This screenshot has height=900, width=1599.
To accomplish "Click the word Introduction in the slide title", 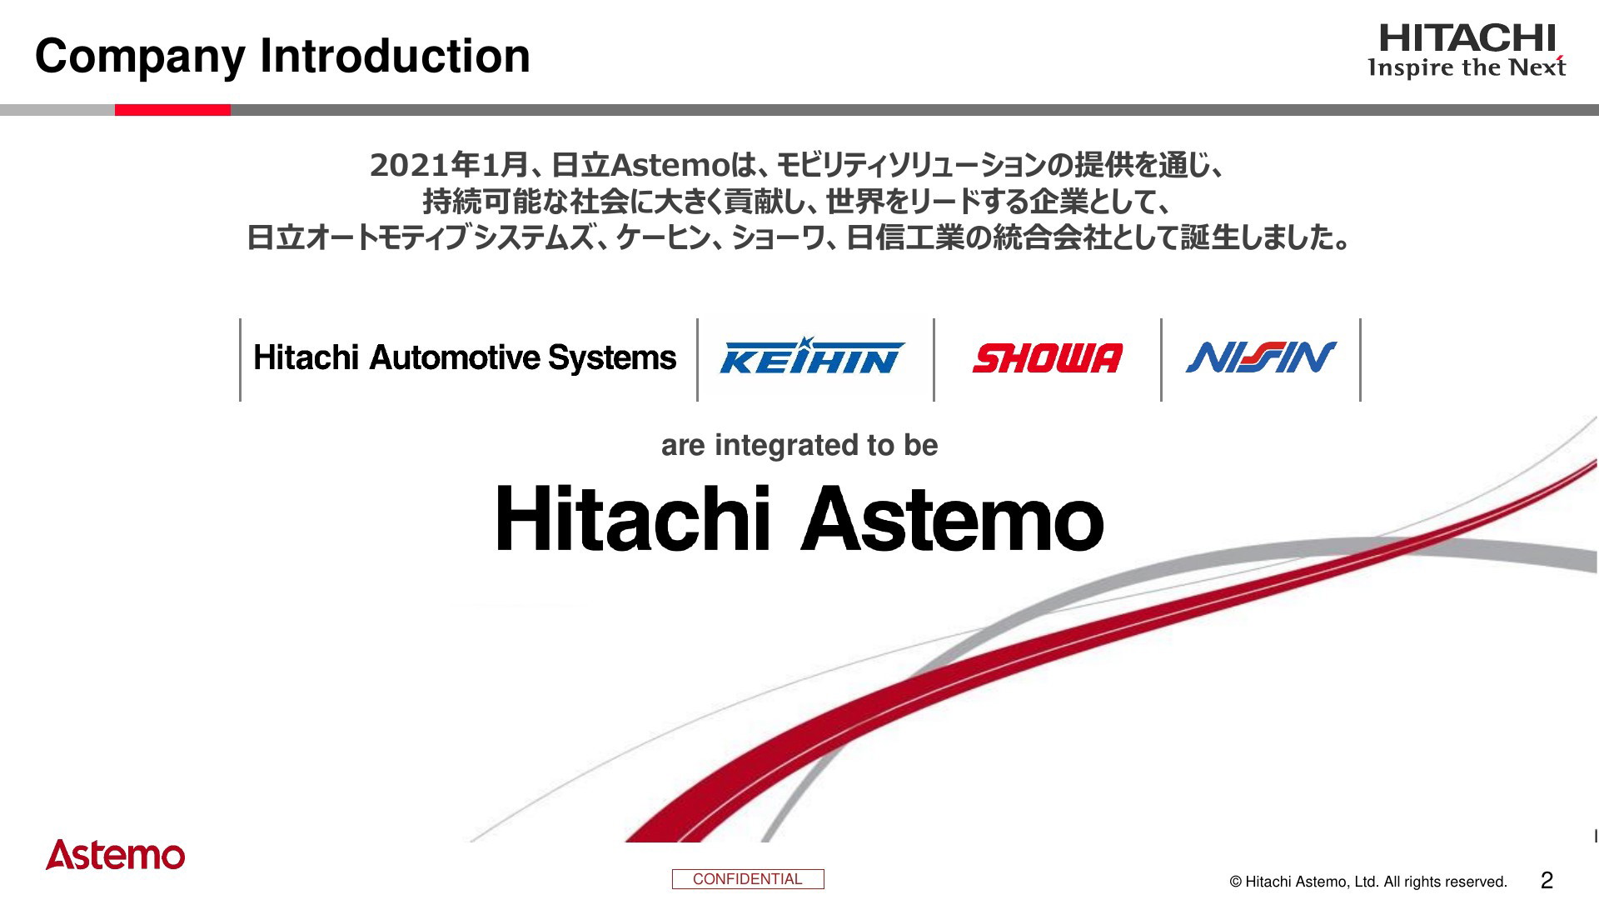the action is pos(395,56).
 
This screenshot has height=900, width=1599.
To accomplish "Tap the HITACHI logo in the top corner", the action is pos(1467,38).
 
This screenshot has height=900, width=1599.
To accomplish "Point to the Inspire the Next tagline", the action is pos(1467,67).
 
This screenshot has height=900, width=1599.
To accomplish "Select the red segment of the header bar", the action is pos(172,110).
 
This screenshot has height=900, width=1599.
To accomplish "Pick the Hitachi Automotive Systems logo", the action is pos(465,358).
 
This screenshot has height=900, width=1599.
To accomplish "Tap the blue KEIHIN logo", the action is pos(812,356).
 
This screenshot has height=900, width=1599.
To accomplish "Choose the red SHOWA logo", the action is pos(1048,358).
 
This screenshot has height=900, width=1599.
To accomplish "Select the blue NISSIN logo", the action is pos(1261,357).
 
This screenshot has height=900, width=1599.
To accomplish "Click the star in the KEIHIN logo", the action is pos(804,344).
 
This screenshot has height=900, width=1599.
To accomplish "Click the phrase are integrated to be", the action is pos(799,445).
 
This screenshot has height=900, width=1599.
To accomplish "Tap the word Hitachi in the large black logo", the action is pos(633,518).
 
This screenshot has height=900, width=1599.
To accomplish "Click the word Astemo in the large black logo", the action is pos(952,518).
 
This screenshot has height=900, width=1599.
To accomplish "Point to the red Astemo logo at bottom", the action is pos(115,854).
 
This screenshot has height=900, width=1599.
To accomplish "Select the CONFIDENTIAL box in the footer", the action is pos(748,879).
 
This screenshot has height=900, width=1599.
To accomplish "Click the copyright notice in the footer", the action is pos(1368,882).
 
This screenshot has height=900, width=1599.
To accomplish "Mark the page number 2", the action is pos(1547,880).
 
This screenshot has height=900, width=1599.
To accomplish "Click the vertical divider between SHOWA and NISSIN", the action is pos(1162,360).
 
